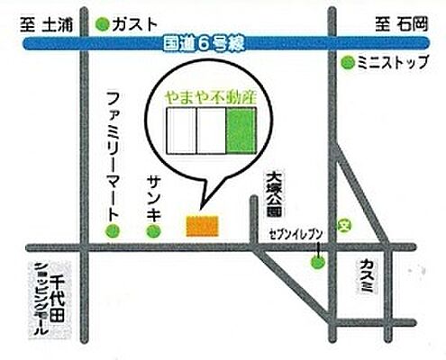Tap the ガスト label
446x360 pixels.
135,23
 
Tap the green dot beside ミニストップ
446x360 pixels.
348,62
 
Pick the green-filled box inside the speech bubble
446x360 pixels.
241,129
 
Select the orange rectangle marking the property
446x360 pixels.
201,224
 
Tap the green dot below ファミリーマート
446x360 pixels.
113,232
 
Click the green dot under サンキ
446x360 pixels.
153,232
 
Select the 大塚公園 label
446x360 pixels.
276,195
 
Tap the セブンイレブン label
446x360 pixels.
296,236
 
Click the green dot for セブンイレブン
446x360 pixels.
317,263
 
